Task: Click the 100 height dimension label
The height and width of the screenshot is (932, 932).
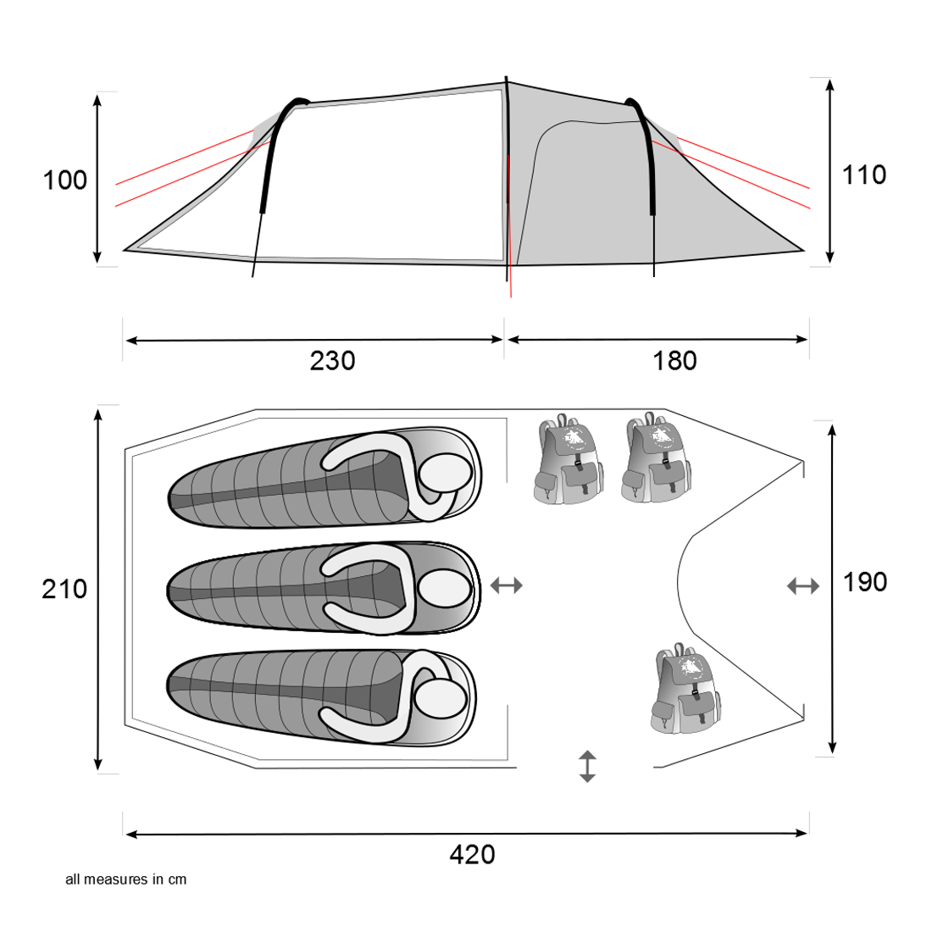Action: click(65, 180)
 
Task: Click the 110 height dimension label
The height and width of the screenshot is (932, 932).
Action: click(863, 175)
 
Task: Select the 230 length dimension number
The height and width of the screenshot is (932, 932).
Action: click(332, 361)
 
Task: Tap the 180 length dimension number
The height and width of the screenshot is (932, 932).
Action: click(674, 361)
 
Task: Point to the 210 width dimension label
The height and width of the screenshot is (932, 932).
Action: click(64, 589)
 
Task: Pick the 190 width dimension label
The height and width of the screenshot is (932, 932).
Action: click(864, 582)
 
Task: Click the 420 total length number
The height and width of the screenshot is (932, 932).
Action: click(472, 855)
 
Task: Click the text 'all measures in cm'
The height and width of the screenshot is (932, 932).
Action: click(125, 879)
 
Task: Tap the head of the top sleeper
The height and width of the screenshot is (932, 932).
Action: click(443, 473)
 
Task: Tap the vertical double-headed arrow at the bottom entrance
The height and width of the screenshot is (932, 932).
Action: click(586, 766)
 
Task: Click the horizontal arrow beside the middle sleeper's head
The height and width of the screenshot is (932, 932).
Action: click(507, 585)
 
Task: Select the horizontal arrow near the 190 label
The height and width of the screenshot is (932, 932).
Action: click(802, 585)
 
